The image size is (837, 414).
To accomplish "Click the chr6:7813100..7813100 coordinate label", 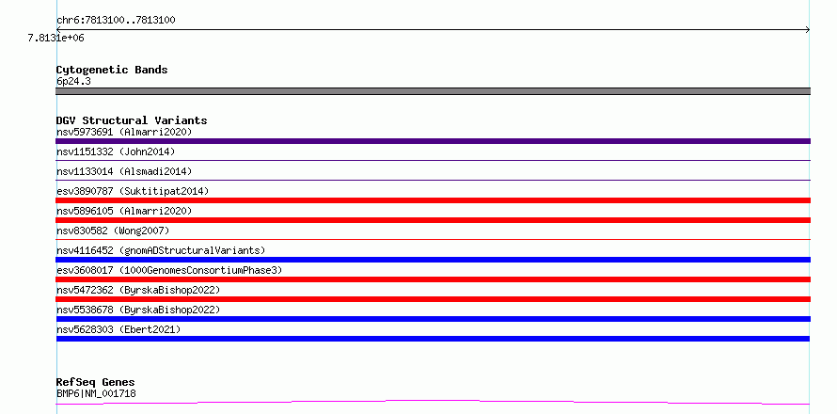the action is pyautogui.click(x=116, y=21).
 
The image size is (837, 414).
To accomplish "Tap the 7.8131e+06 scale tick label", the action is pyautogui.click(x=56, y=38).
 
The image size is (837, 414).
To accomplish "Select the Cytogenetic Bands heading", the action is pyautogui.click(x=112, y=70).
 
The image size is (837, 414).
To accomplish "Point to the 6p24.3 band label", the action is pyautogui.click(x=73, y=81).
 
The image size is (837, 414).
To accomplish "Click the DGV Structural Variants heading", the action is pyautogui.click(x=132, y=120).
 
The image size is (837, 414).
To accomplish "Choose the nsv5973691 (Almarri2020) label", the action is pyautogui.click(x=124, y=132).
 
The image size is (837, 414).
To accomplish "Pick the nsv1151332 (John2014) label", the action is pyautogui.click(x=116, y=151).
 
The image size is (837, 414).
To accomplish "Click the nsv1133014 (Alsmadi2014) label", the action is pyautogui.click(x=124, y=171).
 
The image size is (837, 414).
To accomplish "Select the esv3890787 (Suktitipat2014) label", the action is pyautogui.click(x=133, y=191).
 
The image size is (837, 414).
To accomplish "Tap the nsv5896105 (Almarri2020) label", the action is pyautogui.click(x=124, y=211).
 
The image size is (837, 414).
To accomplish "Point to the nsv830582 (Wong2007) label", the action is pyautogui.click(x=113, y=231).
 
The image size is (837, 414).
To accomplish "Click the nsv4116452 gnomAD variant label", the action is pyautogui.click(x=161, y=250).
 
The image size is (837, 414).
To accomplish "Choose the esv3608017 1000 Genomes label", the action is pyautogui.click(x=169, y=270).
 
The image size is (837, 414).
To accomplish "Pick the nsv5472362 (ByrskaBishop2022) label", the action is pyautogui.click(x=138, y=290).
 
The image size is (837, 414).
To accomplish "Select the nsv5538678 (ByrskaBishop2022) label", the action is pyautogui.click(x=138, y=310).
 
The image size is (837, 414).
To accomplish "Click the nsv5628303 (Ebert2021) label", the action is pyautogui.click(x=118, y=329).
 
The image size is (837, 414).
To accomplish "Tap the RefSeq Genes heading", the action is pyautogui.click(x=96, y=383).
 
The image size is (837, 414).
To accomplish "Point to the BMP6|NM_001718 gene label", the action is pyautogui.click(x=96, y=393).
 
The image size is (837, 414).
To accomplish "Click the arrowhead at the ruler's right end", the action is pyautogui.click(x=808, y=30).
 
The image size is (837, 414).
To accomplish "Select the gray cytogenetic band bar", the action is pyautogui.click(x=433, y=91).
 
